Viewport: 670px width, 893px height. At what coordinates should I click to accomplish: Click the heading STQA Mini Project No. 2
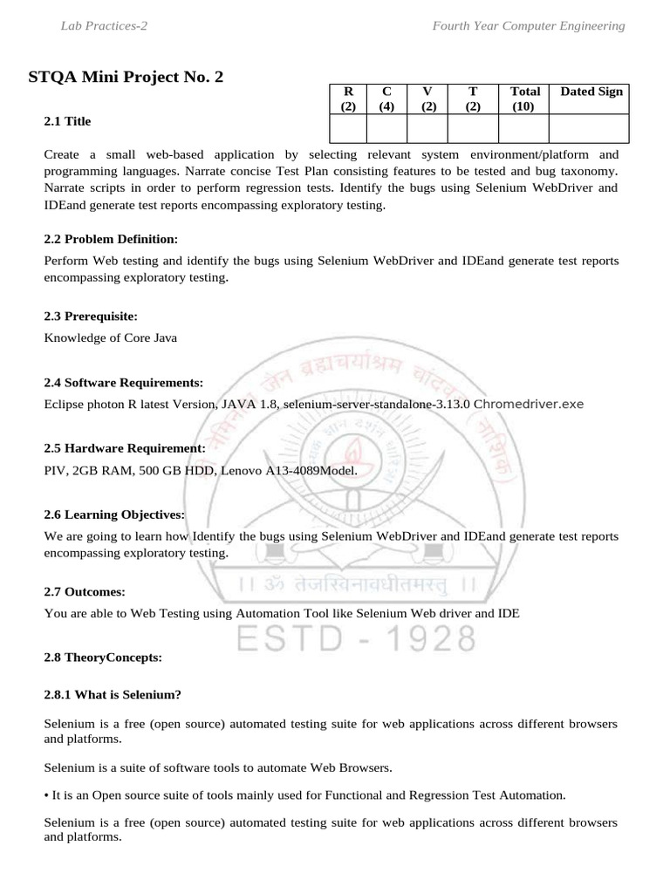[126, 78]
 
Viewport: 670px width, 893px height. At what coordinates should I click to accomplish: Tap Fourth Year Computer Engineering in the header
[529, 26]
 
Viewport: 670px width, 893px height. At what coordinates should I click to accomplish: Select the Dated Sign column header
[591, 92]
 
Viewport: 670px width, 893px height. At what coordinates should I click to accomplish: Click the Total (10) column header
[524, 99]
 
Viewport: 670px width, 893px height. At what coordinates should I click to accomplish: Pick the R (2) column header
[348, 99]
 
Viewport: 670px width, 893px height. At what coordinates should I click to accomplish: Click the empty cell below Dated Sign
[589, 128]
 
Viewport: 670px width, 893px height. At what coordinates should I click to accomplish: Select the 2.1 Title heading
[67, 121]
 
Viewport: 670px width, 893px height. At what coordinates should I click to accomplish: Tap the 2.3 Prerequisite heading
[92, 316]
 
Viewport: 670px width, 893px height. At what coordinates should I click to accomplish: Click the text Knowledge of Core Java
[111, 337]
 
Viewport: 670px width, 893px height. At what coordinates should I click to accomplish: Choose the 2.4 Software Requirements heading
[123, 383]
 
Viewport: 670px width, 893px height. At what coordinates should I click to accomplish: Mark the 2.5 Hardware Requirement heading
[125, 448]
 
